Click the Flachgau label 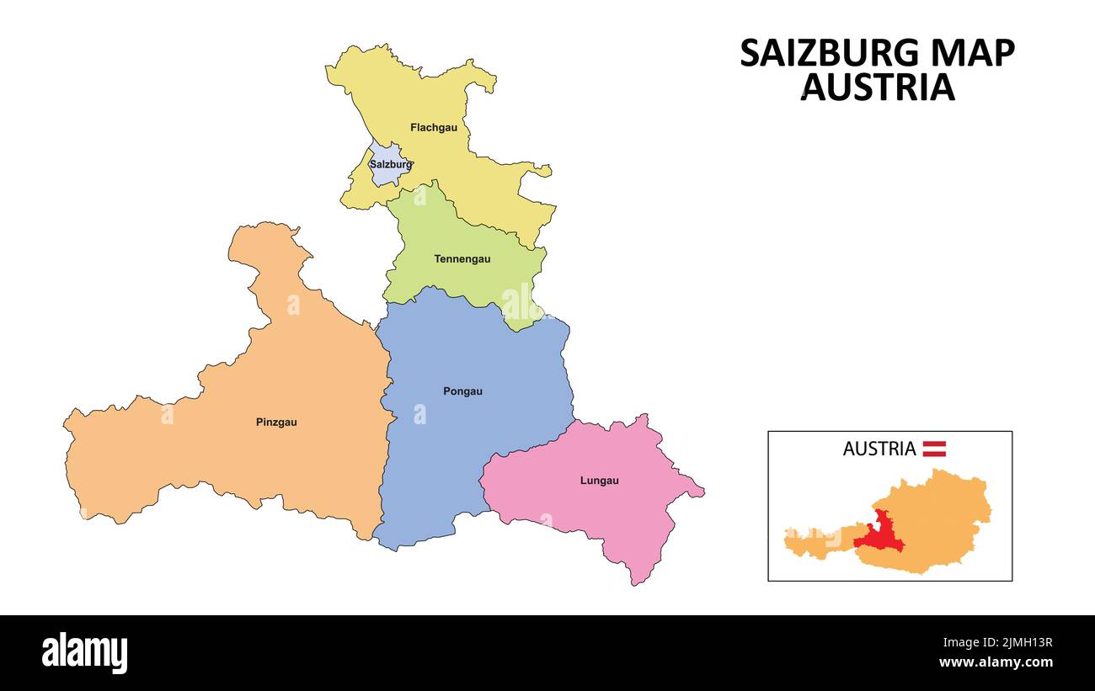(434, 128)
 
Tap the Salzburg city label (391, 165)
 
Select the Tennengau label (462, 259)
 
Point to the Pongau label (462, 391)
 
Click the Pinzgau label (276, 423)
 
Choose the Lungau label (599, 481)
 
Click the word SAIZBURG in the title (823, 54)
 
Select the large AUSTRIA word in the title (877, 88)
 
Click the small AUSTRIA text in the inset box (879, 449)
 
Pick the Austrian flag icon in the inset (934, 449)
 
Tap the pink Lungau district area (590, 513)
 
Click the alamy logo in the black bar (85, 653)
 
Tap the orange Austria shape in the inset (943, 522)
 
